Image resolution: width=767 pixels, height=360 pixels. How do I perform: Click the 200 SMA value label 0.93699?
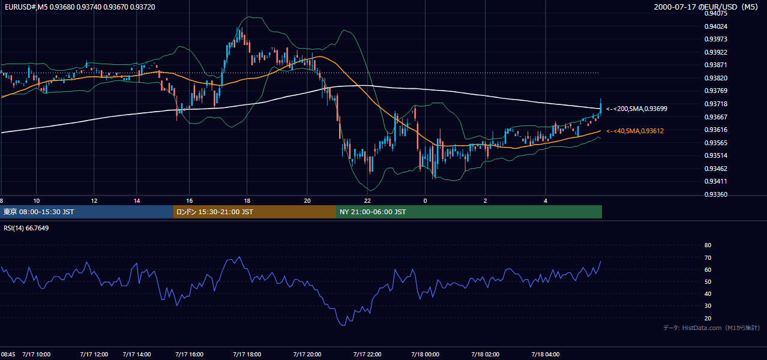pos(637,109)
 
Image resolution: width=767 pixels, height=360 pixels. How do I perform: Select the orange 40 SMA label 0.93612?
pos(635,131)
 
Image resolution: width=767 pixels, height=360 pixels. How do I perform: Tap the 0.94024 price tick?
pos(715,26)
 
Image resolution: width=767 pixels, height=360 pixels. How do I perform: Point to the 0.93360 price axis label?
pos(715,194)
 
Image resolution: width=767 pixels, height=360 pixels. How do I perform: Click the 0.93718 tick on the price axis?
pos(715,104)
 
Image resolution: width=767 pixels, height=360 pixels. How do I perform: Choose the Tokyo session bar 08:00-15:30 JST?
pos(86,212)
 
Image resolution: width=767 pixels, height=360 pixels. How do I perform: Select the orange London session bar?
pos(254,212)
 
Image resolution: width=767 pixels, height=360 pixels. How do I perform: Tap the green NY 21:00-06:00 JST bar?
pos(469,212)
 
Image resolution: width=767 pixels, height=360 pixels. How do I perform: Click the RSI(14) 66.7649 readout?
pos(26,228)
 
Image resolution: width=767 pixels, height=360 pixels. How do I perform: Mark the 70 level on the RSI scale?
pos(708,257)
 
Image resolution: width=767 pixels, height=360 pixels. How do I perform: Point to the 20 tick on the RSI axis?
pos(708,318)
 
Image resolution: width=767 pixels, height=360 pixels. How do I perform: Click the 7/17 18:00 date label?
pos(247,355)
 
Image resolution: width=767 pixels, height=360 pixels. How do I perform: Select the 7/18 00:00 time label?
pos(425,355)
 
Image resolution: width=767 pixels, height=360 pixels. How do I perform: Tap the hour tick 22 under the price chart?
pos(367,201)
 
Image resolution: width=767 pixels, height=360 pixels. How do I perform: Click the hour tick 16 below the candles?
pos(190,201)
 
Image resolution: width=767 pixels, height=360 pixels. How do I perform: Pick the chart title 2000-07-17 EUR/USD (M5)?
pos(706,7)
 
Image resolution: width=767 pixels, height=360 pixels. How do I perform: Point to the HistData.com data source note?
pos(711,328)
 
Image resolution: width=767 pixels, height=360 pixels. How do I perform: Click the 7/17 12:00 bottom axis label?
pos(94,355)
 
